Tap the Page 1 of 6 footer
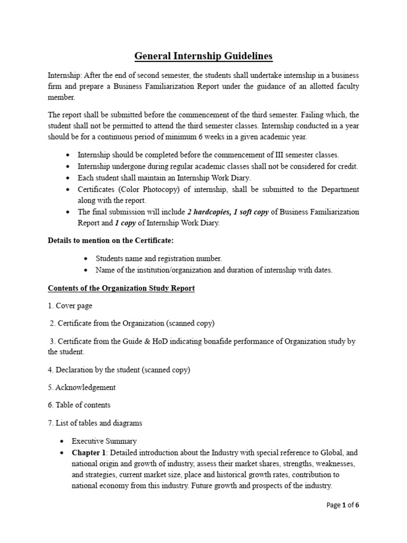coord(342,505)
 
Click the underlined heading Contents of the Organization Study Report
coord(121,288)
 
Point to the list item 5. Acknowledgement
coord(82,387)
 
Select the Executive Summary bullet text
coord(104,441)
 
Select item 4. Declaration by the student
coord(119,370)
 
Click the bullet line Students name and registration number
coord(159,258)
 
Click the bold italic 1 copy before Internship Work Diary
coord(124,223)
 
